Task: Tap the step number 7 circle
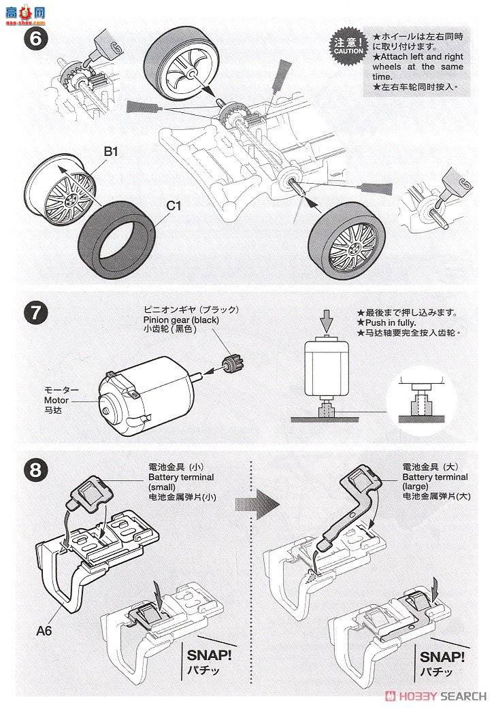point(35,314)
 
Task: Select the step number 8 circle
point(35,469)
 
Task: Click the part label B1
point(111,152)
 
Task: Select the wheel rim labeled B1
point(61,193)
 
